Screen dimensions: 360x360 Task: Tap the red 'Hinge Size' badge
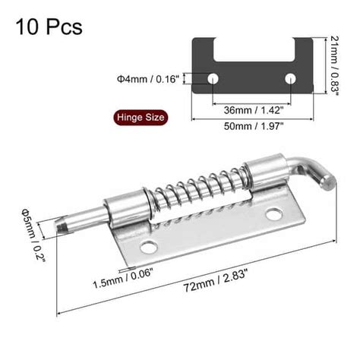(139, 118)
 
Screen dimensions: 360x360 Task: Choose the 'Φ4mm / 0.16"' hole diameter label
(147, 78)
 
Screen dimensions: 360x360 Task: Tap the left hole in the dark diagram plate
(214, 79)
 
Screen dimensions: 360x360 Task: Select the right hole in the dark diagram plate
(289, 79)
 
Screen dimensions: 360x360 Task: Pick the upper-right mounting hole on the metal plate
(273, 215)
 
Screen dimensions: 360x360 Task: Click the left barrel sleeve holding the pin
(125, 211)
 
